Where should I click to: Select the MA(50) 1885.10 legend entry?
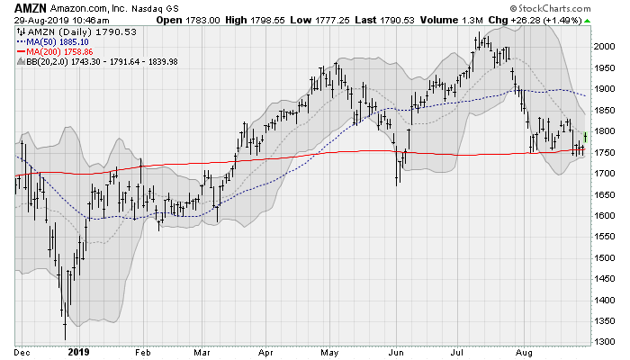pos(54,40)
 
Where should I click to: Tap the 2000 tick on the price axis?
pos(606,46)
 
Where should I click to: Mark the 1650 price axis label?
pos(606,194)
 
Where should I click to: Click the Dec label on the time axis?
pos(23,352)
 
